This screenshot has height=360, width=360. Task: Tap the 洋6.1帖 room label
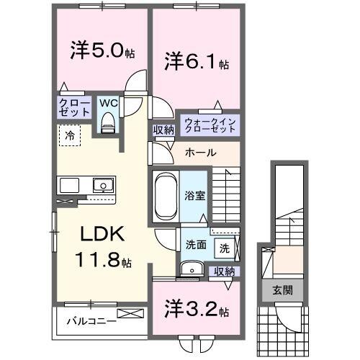coord(195,61)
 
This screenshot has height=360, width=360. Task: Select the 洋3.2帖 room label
coord(195,312)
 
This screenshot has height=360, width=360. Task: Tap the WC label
coord(107,103)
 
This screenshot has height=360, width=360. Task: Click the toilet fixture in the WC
coord(108,125)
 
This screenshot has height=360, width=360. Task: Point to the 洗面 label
coord(196,244)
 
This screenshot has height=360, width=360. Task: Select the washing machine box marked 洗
coord(225,248)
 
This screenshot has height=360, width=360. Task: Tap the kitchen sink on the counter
coord(103,185)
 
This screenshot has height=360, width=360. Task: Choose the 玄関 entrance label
coord(282,290)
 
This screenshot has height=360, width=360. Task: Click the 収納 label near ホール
coord(162,130)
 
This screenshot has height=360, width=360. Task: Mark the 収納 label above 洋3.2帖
coord(225,271)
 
